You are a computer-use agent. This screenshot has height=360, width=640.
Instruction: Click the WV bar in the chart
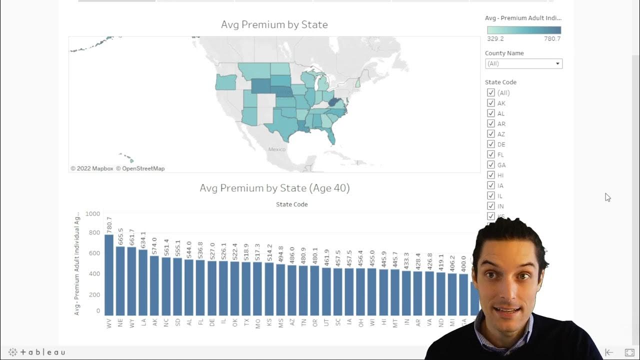tap(108, 275)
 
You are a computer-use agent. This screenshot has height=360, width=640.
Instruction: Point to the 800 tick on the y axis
tap(93, 232)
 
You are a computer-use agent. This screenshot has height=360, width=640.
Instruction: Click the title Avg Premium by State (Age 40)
tap(274, 188)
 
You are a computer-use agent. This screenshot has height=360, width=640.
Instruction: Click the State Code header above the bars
tap(291, 204)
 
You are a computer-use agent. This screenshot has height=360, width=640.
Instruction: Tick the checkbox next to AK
tap(490, 103)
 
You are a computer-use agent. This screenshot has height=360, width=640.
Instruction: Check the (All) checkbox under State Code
tap(490, 92)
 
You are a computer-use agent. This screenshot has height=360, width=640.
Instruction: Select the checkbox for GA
tap(490, 165)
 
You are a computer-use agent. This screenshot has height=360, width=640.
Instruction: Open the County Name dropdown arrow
tap(557, 64)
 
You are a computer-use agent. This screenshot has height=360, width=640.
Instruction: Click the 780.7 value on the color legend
tap(552, 38)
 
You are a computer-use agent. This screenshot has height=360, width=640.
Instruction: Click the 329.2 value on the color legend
tap(495, 38)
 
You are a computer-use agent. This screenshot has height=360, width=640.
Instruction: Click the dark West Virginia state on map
tap(333, 102)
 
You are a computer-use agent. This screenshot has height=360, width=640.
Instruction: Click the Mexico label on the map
tap(276, 149)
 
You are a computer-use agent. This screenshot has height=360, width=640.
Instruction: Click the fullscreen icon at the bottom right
tap(629, 352)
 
